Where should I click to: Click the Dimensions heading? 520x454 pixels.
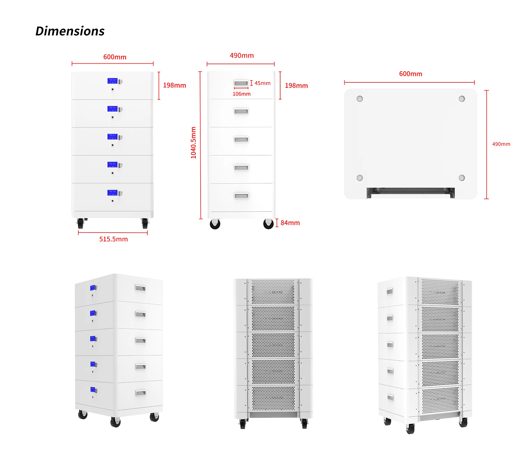tap(70, 31)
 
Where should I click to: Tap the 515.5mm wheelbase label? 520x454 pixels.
tap(113, 239)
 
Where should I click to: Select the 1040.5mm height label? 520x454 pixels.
tap(193, 143)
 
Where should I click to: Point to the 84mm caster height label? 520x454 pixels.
tap(290, 223)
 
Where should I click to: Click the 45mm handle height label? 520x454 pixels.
tap(262, 83)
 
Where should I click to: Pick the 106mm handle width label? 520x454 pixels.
tap(242, 94)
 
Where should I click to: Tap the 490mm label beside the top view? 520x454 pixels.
tap(501, 144)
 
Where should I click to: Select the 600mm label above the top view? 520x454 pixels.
tap(410, 74)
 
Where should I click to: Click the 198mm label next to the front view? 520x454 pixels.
tap(174, 85)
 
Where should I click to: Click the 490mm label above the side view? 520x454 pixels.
tap(242, 55)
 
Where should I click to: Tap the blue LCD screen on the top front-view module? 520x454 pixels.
tap(112, 81)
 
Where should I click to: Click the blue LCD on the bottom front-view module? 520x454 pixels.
tap(112, 193)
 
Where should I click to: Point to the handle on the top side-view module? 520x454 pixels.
tap(241, 83)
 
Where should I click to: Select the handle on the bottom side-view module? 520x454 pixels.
tap(241, 196)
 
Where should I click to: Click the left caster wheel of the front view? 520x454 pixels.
tap(80, 223)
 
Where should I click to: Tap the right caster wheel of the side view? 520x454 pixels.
tap(268, 224)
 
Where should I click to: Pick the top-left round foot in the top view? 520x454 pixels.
tap(359, 99)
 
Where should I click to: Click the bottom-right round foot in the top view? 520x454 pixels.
tap(461, 178)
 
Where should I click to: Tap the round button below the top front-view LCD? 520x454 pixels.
tap(113, 89)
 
